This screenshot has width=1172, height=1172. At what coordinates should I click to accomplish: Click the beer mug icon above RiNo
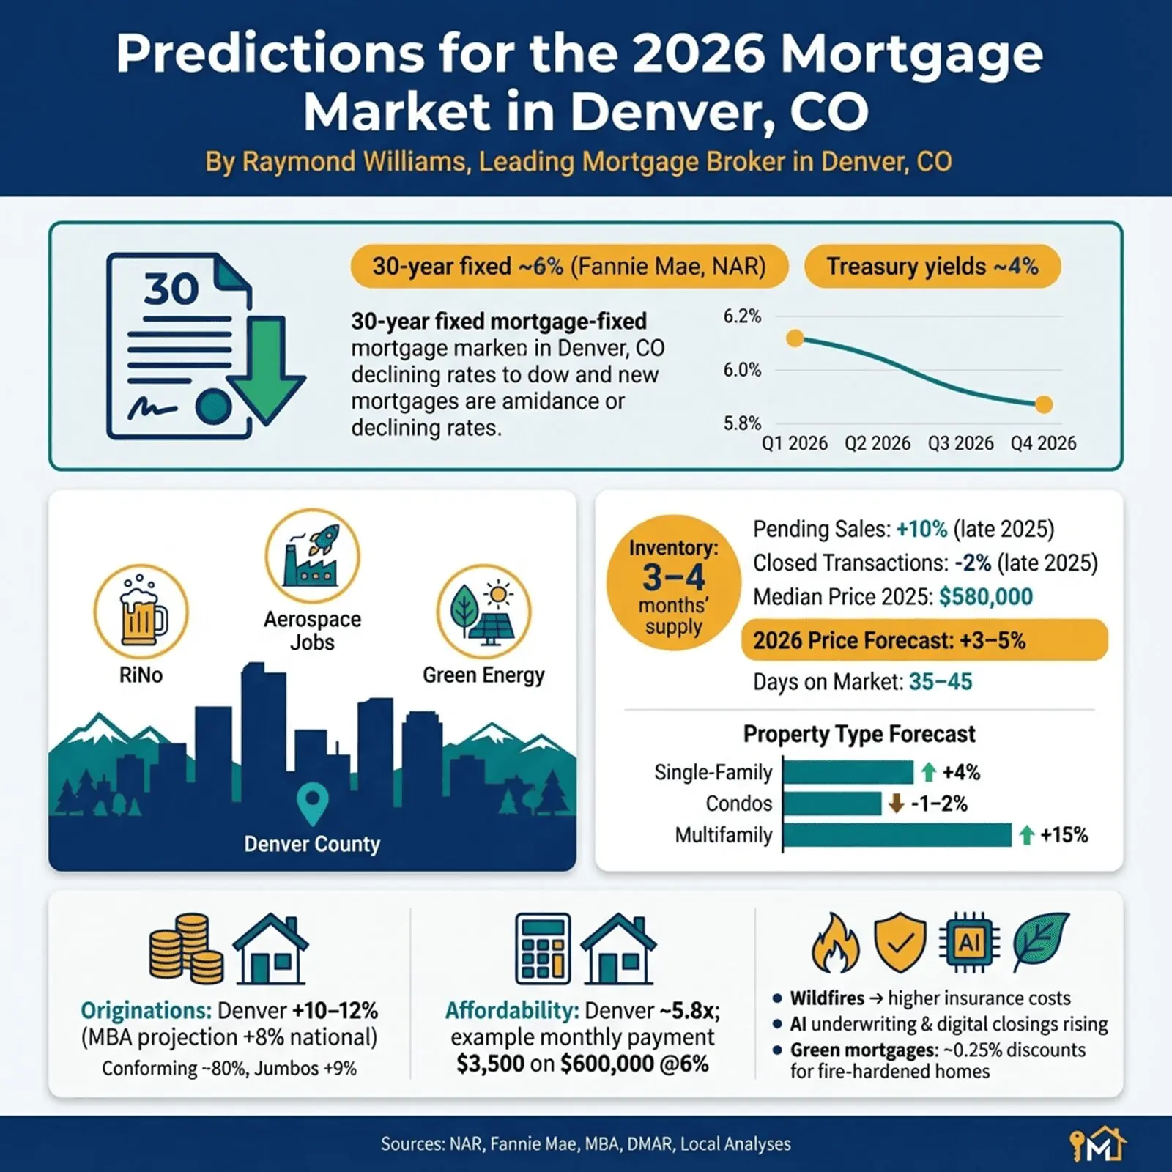(x=141, y=612)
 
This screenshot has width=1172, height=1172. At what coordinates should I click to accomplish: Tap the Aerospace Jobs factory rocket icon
(x=313, y=557)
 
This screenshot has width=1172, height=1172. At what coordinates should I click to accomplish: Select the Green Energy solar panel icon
(x=484, y=612)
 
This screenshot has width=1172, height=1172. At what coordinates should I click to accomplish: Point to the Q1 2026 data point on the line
(x=795, y=338)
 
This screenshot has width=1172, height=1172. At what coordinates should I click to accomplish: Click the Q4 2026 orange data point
(x=1044, y=404)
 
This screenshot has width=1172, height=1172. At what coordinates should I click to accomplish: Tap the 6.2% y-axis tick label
(x=742, y=316)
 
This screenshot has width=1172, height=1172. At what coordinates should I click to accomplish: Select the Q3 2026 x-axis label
(x=960, y=443)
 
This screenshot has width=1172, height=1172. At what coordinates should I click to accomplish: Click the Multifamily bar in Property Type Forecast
(x=897, y=834)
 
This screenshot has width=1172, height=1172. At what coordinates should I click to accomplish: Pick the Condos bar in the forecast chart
(x=832, y=804)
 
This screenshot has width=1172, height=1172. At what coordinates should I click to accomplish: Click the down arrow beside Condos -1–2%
(x=896, y=804)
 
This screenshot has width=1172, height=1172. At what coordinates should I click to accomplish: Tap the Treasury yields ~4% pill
(x=932, y=267)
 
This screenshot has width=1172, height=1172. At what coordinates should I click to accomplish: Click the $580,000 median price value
(x=985, y=597)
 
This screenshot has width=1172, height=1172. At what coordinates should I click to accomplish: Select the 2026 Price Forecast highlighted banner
(x=924, y=640)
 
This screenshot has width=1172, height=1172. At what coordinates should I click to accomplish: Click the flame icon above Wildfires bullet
(x=835, y=943)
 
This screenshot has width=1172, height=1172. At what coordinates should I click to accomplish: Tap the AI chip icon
(x=970, y=943)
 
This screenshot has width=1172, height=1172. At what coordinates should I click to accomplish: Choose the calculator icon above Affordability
(x=543, y=949)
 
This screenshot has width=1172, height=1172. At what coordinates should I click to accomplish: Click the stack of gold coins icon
(x=187, y=949)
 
